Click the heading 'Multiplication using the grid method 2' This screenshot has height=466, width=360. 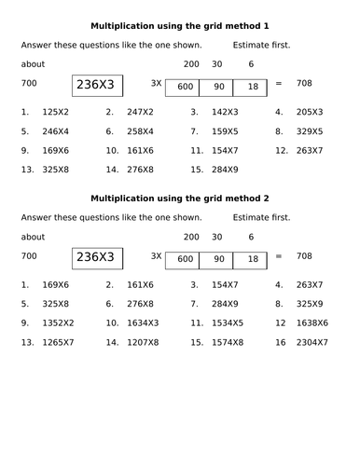[x=180, y=198]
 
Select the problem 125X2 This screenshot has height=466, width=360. [x=56, y=112]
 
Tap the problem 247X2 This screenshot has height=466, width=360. [x=140, y=112]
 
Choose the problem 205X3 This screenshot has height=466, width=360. [x=311, y=112]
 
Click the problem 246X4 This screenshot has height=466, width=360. [x=56, y=130]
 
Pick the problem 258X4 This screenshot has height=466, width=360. [x=140, y=130]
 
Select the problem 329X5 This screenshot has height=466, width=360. [x=311, y=130]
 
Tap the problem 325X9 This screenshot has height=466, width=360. [x=311, y=304]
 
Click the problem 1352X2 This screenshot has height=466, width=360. [x=59, y=322]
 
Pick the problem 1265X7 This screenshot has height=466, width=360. [x=59, y=342]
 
